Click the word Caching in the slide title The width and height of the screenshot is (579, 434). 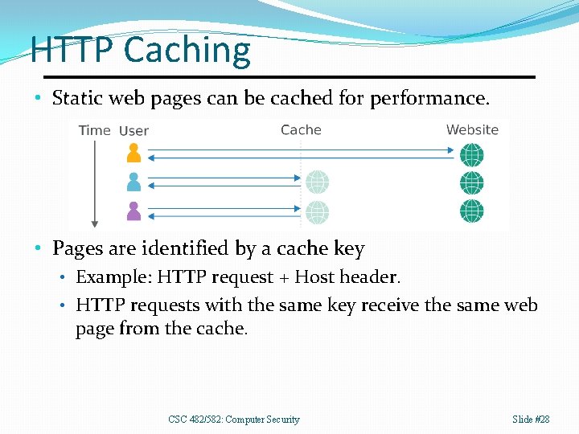pos(187,50)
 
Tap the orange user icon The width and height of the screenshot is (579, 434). pos(133,153)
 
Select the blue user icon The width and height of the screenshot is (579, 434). pos(133,182)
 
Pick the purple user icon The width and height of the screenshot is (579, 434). pos(133,211)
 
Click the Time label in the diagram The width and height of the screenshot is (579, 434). pos(94,130)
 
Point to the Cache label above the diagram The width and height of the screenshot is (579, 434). pos(301,129)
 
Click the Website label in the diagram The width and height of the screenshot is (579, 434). pos(472,129)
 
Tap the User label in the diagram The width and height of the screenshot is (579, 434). pos(133,131)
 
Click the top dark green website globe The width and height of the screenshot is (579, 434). pos(472,154)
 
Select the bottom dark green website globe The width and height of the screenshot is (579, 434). pos(472,211)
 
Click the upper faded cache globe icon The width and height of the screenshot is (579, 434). pos(317,182)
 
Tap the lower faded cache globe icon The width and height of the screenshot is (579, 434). pos(317,211)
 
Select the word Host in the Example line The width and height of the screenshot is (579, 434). pos(314,277)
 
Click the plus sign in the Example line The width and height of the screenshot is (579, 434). pos(283,278)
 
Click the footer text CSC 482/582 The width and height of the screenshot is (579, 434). pos(198,420)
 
